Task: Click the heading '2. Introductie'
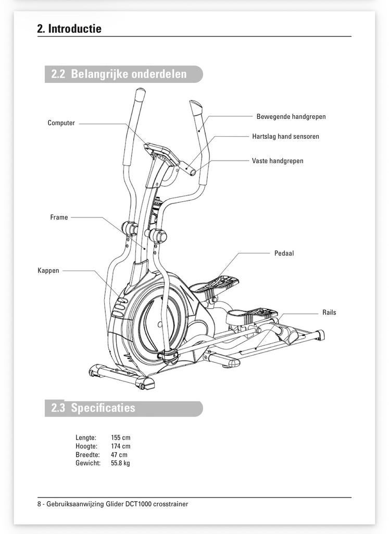69,29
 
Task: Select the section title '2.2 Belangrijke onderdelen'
119,74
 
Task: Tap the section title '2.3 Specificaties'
93,408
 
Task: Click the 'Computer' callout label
61,123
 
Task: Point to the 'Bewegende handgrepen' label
291,117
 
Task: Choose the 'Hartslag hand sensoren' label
285,137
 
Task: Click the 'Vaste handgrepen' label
278,161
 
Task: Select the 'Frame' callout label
59,217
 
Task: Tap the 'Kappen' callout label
48,271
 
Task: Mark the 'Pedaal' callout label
284,253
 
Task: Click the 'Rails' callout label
329,313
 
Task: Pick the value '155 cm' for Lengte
121,438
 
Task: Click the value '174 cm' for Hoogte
121,446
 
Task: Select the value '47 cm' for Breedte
119,455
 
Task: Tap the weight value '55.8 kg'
121,463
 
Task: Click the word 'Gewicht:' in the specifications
88,463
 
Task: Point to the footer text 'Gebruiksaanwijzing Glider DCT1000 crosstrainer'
117,504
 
